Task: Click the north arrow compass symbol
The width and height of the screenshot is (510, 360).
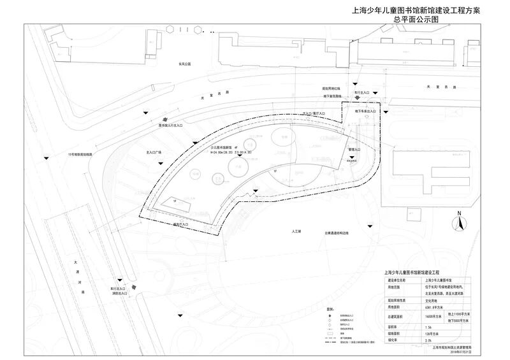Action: [x=458, y=222]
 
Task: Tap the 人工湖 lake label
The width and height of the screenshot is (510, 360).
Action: [x=297, y=231]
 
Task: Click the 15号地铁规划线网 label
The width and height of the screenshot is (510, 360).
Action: [x=80, y=155]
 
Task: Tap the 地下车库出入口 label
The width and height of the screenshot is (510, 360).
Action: [x=366, y=110]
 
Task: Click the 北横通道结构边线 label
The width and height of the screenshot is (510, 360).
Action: [x=337, y=232]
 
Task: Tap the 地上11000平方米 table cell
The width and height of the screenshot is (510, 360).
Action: [x=458, y=314]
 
